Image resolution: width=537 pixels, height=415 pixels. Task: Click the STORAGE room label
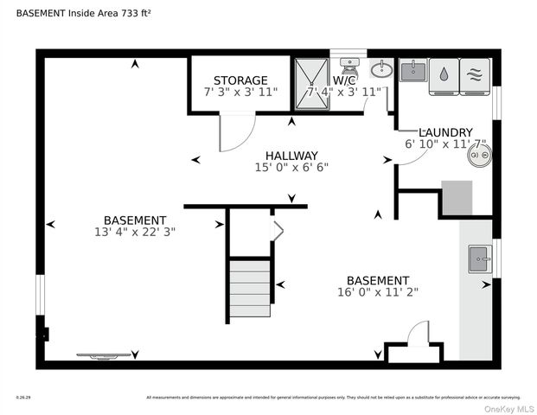tap(240, 80)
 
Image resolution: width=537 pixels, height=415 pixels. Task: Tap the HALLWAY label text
tap(291, 156)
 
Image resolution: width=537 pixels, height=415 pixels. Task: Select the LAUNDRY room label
tap(445, 132)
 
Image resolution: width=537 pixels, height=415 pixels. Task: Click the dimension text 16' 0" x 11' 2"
tap(377, 293)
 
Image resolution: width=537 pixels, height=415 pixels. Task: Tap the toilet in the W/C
tap(350, 66)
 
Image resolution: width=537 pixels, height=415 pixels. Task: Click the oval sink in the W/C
tap(380, 69)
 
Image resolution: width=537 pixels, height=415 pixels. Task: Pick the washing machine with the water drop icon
tap(444, 73)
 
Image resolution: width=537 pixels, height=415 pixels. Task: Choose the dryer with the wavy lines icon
tap(474, 73)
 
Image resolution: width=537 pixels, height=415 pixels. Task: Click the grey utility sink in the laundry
tap(413, 70)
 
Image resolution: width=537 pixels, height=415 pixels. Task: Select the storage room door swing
tap(234, 131)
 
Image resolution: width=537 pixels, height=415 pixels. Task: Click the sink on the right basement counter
tap(480, 258)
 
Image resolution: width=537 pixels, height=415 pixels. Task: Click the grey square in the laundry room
tap(457, 197)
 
